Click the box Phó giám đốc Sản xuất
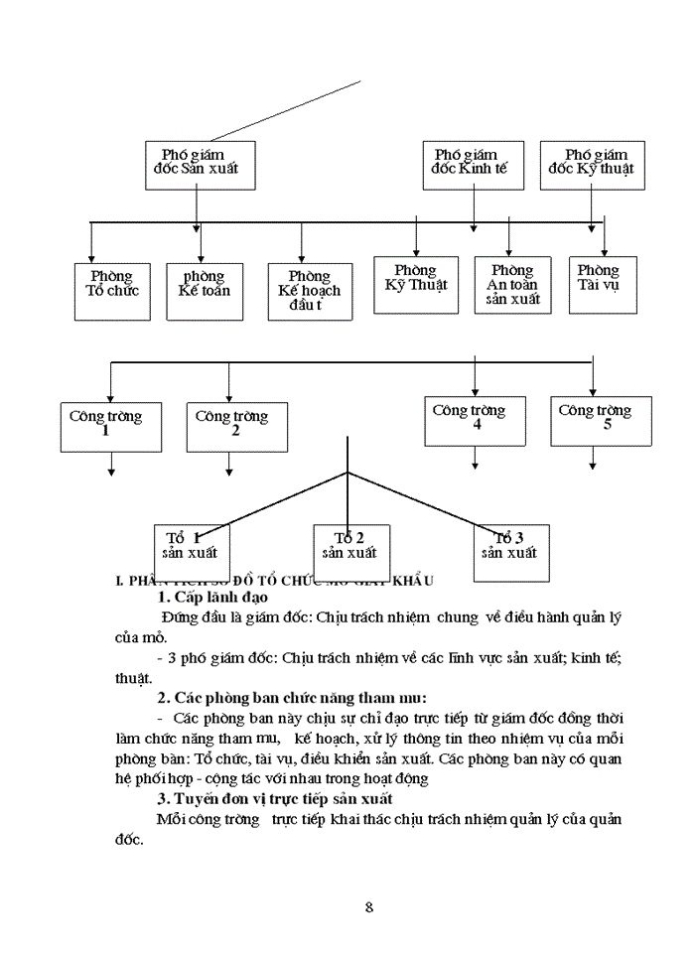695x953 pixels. point(199,165)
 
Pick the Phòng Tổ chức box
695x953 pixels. point(111,290)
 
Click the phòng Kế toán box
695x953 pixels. point(203,290)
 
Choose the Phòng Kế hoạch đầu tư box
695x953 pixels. point(309,291)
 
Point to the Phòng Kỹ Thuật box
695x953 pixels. point(416,285)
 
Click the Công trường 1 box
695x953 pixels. point(105,426)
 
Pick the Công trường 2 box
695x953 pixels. point(236,426)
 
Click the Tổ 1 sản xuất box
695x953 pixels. point(191,551)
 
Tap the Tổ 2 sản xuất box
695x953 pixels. point(350,551)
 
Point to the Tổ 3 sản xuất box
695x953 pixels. point(510,551)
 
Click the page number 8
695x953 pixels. point(369,906)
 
